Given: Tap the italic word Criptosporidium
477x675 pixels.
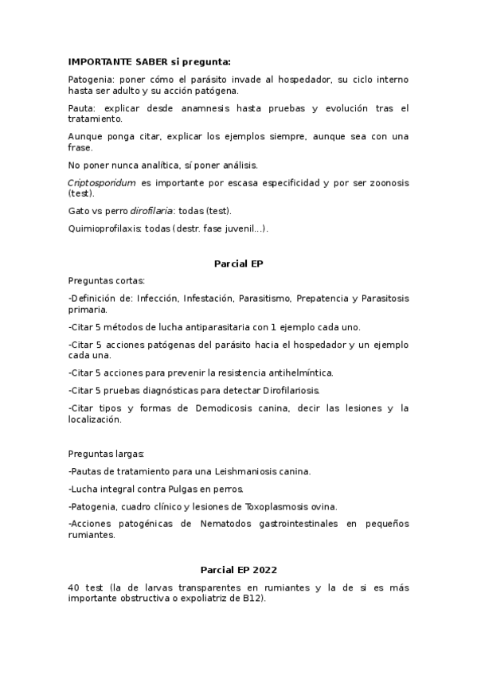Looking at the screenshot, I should (x=101, y=183).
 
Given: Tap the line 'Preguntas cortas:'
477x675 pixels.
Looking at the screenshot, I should (x=108, y=280).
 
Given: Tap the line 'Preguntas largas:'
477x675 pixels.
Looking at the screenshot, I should (x=107, y=454).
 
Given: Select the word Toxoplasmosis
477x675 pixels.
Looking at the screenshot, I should (x=268, y=506).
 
